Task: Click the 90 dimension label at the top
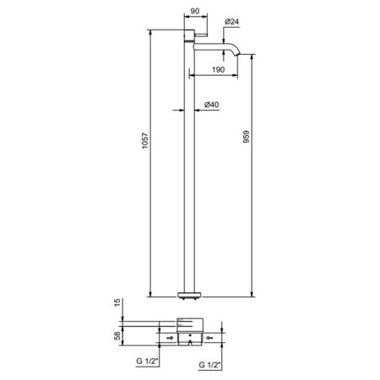pos(195,11)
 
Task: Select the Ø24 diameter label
pos(231,21)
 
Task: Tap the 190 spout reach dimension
pos(218,69)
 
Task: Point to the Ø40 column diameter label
pos(211,105)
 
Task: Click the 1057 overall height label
pos(144,140)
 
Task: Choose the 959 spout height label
pos(247,137)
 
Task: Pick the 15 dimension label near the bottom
pos(117,302)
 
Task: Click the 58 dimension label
pos(117,335)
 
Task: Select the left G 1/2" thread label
pos(147,361)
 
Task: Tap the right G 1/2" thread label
pos(209,365)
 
